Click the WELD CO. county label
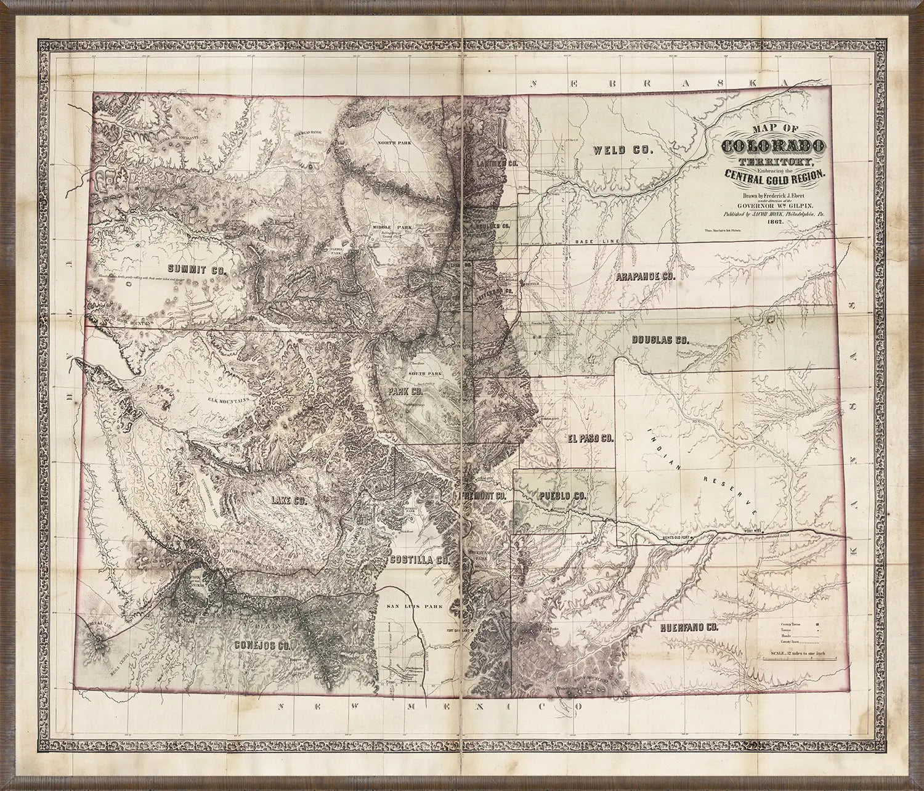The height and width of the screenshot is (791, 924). (618, 150)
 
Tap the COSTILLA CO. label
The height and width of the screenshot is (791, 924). (417, 560)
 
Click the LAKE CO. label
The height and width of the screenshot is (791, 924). (289, 500)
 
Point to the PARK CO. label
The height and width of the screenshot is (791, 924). (404, 391)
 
